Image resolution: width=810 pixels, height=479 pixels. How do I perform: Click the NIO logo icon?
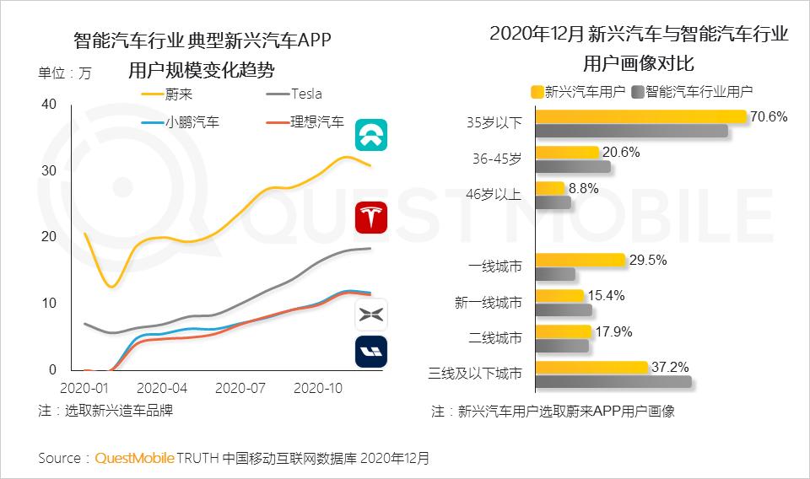coord(371,134)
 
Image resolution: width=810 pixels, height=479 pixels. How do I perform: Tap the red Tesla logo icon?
coord(371,218)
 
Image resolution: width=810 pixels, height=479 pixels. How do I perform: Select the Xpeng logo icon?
coord(371,315)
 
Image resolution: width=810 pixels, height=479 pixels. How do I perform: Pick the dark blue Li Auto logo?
coord(371,351)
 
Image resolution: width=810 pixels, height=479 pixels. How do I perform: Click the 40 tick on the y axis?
coord(49,104)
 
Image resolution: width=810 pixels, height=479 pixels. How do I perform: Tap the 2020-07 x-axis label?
coord(240,389)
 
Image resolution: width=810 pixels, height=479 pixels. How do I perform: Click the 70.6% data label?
coord(769,116)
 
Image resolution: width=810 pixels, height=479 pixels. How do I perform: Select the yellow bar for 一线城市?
coord(580,260)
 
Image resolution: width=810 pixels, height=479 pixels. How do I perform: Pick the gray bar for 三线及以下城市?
coord(613,382)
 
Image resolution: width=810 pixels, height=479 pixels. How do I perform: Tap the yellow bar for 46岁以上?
coord(550,188)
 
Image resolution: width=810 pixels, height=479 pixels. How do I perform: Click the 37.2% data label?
coord(670,367)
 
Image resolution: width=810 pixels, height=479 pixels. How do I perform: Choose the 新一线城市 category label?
coord(489,303)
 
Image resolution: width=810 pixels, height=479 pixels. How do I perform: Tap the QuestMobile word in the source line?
coord(134,458)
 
